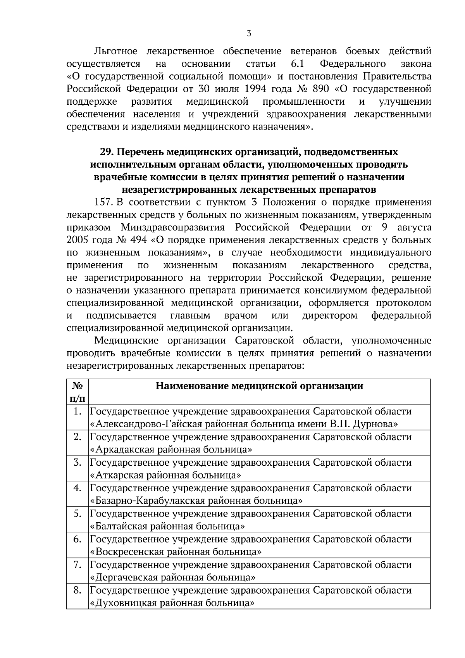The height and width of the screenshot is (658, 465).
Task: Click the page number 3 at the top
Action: pyautogui.click(x=249, y=34)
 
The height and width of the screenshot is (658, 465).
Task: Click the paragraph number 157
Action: pyautogui.click(x=103, y=202)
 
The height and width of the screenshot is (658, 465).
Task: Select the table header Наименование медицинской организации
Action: pyautogui.click(x=259, y=386)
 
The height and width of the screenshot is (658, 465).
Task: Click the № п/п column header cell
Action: pyautogui.click(x=77, y=392)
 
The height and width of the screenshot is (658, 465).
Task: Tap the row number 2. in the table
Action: pyautogui.click(x=77, y=437)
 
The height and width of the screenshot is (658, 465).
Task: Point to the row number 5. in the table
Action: pyautogui.click(x=77, y=514)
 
